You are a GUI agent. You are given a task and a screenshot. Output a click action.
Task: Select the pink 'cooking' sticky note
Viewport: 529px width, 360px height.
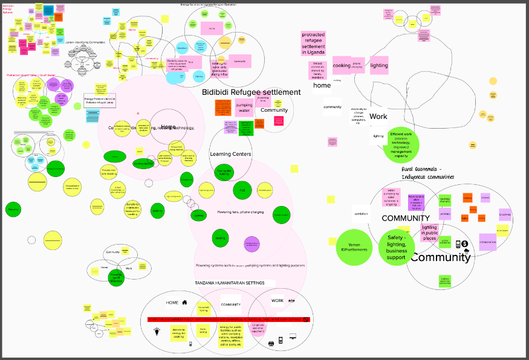(342, 65)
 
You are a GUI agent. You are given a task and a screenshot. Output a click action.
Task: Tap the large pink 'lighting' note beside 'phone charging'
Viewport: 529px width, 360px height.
(379, 65)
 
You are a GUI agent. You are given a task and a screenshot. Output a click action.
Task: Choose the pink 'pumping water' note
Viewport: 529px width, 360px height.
(244, 108)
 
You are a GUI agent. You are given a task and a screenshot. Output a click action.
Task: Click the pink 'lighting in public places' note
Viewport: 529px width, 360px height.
(429, 233)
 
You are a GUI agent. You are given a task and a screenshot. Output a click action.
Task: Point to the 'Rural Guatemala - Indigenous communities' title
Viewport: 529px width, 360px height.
(427, 173)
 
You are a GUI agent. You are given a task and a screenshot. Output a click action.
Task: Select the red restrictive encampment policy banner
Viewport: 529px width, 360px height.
(229, 319)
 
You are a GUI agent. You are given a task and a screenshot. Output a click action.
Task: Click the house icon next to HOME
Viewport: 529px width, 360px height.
(184, 302)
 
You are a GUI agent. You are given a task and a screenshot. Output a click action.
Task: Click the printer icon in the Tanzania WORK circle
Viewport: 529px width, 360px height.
(271, 343)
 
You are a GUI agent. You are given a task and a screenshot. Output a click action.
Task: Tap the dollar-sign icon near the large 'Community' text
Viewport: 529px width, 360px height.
(458, 244)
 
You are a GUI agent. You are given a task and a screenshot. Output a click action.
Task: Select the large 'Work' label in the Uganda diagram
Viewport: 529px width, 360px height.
(378, 117)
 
